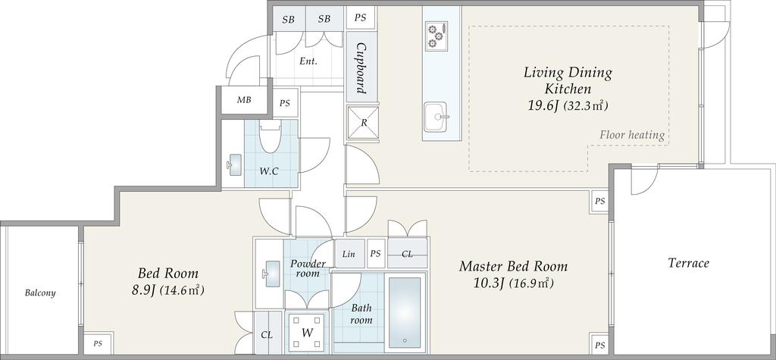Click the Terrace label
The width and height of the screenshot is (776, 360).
[688, 263]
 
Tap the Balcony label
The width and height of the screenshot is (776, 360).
[40, 293]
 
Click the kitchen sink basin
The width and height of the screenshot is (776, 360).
[436, 117]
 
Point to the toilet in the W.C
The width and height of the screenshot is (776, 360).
[270, 137]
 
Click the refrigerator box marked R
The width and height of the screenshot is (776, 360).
[363, 124]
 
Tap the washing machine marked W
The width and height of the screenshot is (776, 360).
[307, 332]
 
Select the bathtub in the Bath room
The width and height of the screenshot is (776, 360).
[405, 312]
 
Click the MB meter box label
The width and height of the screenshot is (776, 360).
[243, 100]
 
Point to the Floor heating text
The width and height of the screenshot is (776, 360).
[632, 135]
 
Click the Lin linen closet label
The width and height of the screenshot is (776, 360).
[349, 254]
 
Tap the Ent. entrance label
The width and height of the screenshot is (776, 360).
[308, 62]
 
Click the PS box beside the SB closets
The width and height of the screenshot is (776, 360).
[360, 18]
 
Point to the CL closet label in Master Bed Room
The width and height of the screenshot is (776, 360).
[407, 254]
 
